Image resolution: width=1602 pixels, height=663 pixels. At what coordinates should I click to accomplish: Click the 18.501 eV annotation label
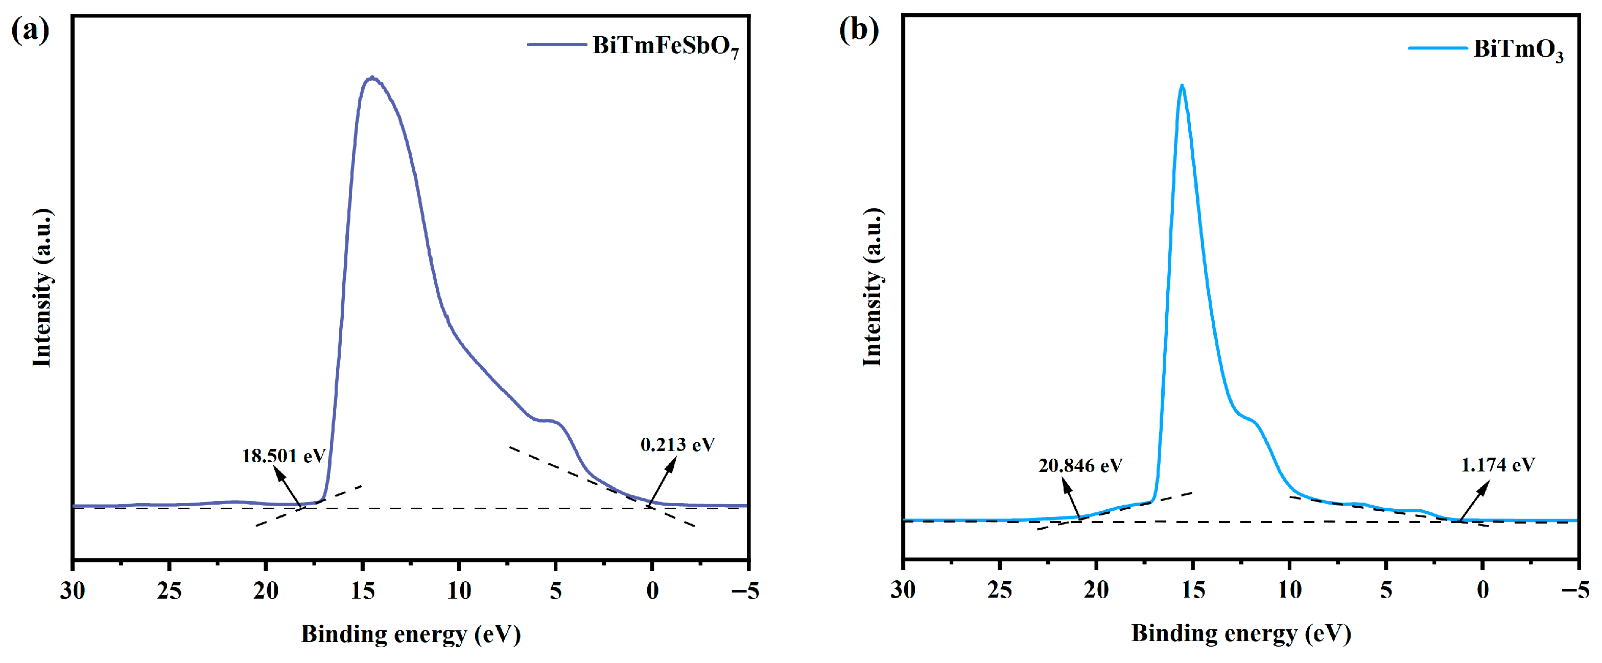pos(284,456)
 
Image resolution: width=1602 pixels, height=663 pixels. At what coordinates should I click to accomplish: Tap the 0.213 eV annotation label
pos(677,445)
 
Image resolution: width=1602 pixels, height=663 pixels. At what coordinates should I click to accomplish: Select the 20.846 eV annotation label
pos(1080,465)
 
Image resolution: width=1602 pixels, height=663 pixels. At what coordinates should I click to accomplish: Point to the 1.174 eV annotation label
pos(1497,465)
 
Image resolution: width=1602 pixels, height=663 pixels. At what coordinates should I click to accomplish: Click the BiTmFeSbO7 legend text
pos(665,46)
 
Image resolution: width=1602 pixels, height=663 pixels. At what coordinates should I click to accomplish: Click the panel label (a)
pos(30,29)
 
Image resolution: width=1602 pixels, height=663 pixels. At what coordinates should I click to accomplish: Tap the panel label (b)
pos(859,29)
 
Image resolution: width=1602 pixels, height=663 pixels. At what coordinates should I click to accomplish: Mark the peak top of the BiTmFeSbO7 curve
pos(372,78)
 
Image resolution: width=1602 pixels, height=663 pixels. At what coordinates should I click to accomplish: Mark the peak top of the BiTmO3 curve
pos(1182,86)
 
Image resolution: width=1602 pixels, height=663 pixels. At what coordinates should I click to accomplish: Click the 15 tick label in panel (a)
pos(363,590)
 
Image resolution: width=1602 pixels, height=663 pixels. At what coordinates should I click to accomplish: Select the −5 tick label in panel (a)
pos(745,590)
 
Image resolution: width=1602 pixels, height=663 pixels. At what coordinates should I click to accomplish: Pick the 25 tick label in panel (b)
pos(999,589)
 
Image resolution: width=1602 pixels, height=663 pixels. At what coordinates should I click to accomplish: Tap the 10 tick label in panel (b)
pos(1289,589)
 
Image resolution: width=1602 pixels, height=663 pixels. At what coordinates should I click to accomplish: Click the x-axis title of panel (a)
pos(410,634)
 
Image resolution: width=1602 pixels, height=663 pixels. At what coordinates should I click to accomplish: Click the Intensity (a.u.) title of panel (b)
pos(872,288)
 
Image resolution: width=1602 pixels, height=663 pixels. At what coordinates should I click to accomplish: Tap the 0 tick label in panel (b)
pos(1482,589)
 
